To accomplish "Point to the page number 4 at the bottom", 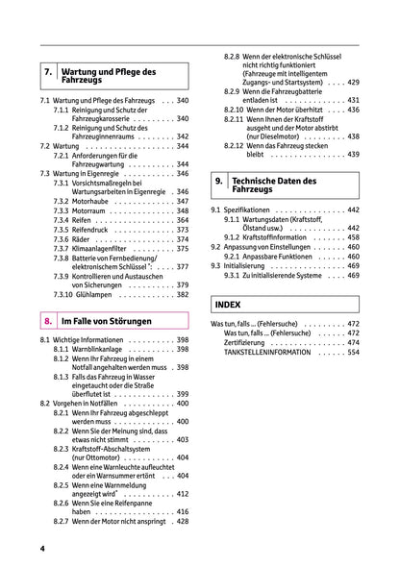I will tap(42, 548).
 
